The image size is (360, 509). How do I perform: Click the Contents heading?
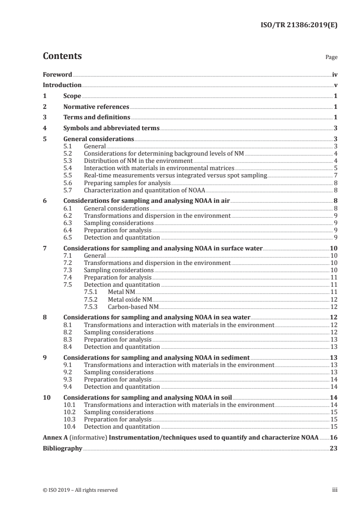point(62,56)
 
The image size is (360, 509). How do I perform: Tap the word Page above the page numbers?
point(331,58)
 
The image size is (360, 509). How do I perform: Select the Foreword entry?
point(57,74)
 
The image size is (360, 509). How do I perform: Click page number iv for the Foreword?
point(334,74)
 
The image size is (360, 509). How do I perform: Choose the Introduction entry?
point(62,85)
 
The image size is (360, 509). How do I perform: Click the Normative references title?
point(96,107)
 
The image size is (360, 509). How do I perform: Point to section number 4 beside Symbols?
point(44,128)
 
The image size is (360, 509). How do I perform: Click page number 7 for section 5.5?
point(335,175)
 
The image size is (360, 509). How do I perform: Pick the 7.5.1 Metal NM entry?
point(121,292)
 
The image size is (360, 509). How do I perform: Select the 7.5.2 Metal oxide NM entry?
point(130,300)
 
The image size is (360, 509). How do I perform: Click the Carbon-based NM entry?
point(133,307)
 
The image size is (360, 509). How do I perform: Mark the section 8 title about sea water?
point(157,318)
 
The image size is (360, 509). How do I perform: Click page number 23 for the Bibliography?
point(334,449)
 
